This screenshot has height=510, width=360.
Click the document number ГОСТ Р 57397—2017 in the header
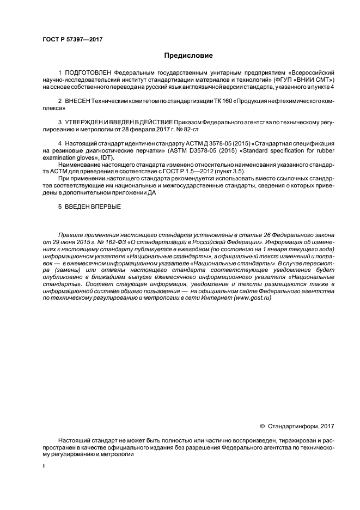click(x=72, y=40)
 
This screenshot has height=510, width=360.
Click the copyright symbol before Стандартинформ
click(x=262, y=426)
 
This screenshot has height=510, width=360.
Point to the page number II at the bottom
click(x=44, y=466)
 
